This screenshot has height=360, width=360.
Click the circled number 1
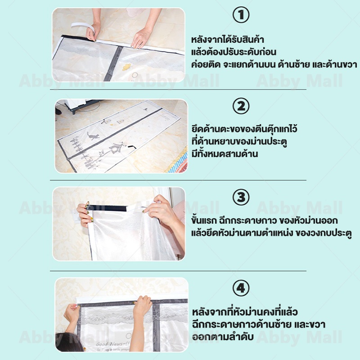tap(241, 15)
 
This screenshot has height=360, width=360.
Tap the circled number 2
tap(241, 106)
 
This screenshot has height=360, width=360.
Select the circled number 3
tap(241, 197)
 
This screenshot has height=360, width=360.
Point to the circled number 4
tap(241, 288)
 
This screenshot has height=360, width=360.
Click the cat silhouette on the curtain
tap(93, 136)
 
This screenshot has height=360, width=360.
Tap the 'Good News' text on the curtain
tap(113, 344)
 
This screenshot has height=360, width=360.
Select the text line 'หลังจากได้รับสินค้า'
tap(228, 40)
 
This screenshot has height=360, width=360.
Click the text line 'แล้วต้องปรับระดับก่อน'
tap(234, 52)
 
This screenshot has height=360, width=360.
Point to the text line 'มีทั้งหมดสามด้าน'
tap(225, 153)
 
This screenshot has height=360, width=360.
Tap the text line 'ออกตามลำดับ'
tap(223, 337)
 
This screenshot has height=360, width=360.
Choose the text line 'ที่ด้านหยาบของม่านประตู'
tap(239, 141)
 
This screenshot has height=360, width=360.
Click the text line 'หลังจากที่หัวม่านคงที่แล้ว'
tap(245, 312)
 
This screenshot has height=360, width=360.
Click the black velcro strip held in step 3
tap(107, 208)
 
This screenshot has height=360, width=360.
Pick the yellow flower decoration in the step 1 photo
tap(126, 67)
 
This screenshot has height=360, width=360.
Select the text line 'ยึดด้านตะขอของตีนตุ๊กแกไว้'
tap(244, 129)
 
